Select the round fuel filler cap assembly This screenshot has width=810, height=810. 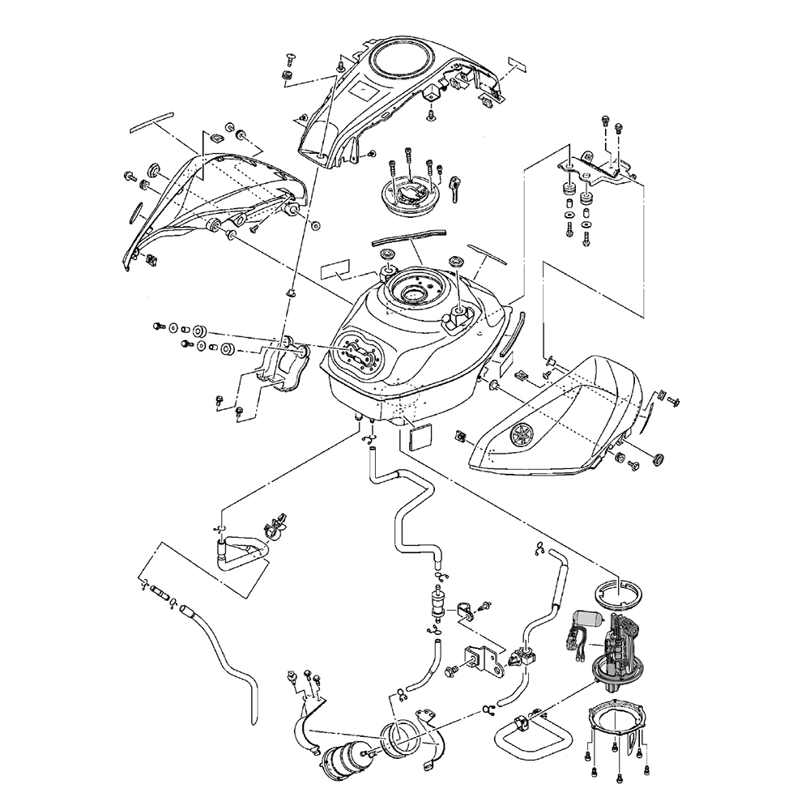(x=411, y=195)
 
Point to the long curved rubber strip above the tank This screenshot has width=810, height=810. (x=409, y=236)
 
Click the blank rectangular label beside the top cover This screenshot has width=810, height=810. (x=517, y=64)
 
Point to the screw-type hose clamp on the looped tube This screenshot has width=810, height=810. (x=275, y=527)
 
